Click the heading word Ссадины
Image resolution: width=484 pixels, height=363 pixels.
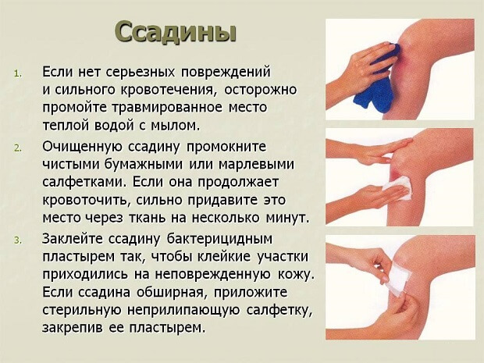pos(175,34)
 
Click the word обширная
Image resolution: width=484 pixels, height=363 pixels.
pos(182,291)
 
